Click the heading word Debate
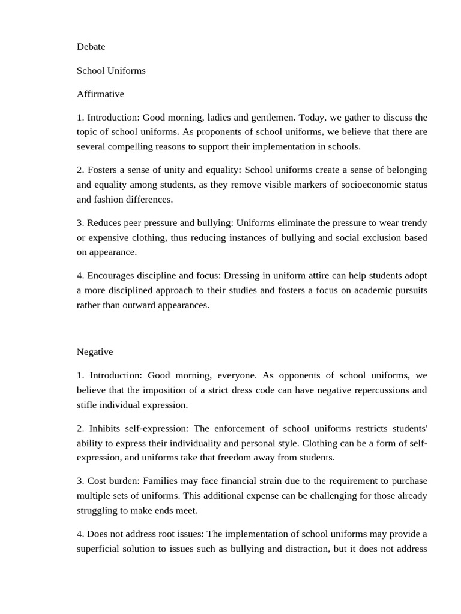[91, 47]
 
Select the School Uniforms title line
[111, 71]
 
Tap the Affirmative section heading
[100, 94]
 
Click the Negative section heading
[95, 352]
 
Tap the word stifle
[88, 405]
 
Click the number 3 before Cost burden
[80, 481]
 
